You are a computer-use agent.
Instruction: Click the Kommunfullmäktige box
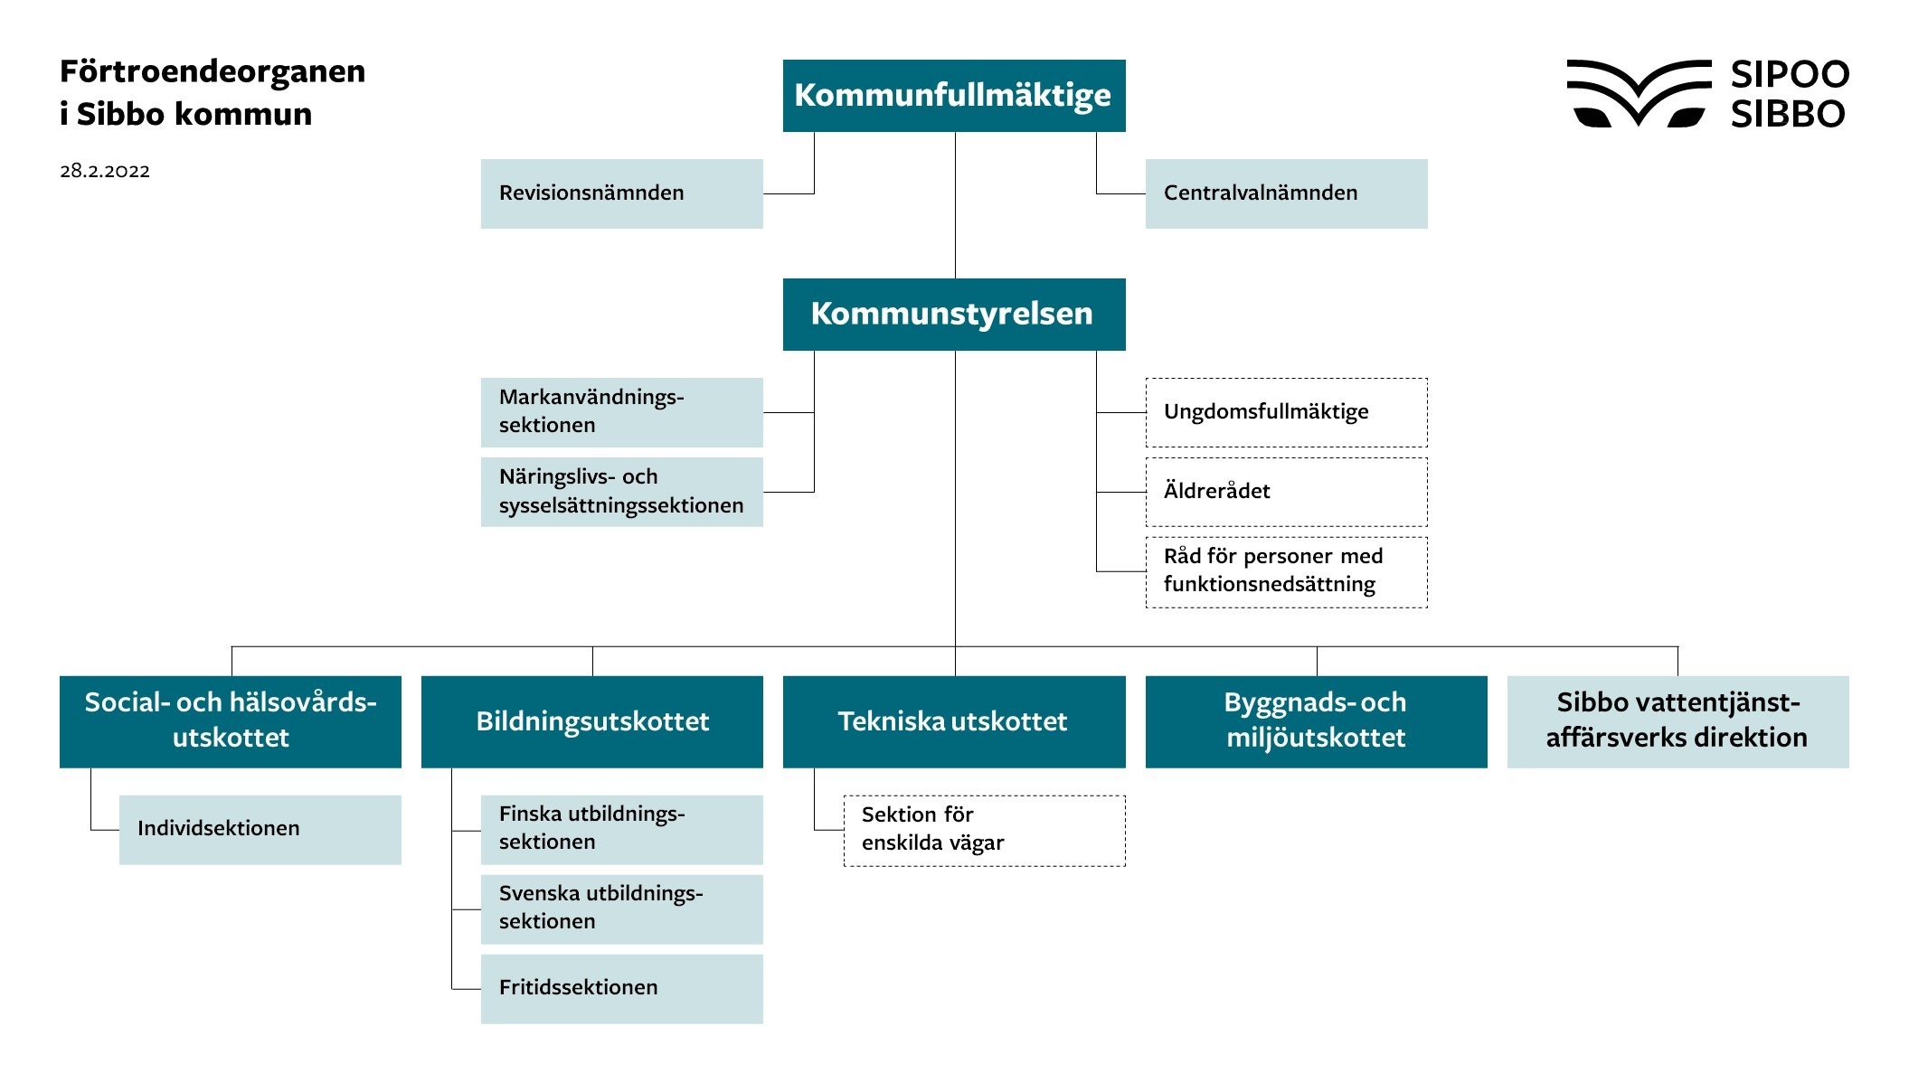(954, 96)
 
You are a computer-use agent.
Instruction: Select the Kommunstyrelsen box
(954, 314)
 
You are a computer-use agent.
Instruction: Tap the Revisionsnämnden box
(621, 193)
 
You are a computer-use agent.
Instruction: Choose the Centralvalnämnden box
(1286, 193)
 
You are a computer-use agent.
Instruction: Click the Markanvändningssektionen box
(621, 412)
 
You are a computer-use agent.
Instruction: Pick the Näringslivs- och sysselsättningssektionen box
(621, 492)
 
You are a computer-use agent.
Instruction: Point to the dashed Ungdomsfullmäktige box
(1286, 412)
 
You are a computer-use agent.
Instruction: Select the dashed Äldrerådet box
(1286, 492)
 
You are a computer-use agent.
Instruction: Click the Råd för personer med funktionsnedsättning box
(1286, 571)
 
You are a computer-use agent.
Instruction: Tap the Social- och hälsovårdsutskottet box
(231, 721)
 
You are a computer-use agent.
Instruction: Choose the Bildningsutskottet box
(592, 721)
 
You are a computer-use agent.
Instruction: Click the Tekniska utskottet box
(954, 721)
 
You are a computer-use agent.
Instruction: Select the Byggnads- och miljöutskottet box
(1316, 721)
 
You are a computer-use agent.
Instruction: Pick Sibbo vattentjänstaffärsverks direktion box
(1677, 721)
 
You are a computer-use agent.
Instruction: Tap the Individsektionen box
(260, 829)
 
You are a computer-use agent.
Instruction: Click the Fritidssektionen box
(621, 988)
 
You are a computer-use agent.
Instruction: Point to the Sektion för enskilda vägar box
(984, 830)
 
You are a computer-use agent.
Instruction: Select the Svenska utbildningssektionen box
(621, 908)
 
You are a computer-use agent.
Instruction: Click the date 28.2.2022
(105, 171)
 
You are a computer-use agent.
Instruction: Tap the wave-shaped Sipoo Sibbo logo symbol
(1638, 93)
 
